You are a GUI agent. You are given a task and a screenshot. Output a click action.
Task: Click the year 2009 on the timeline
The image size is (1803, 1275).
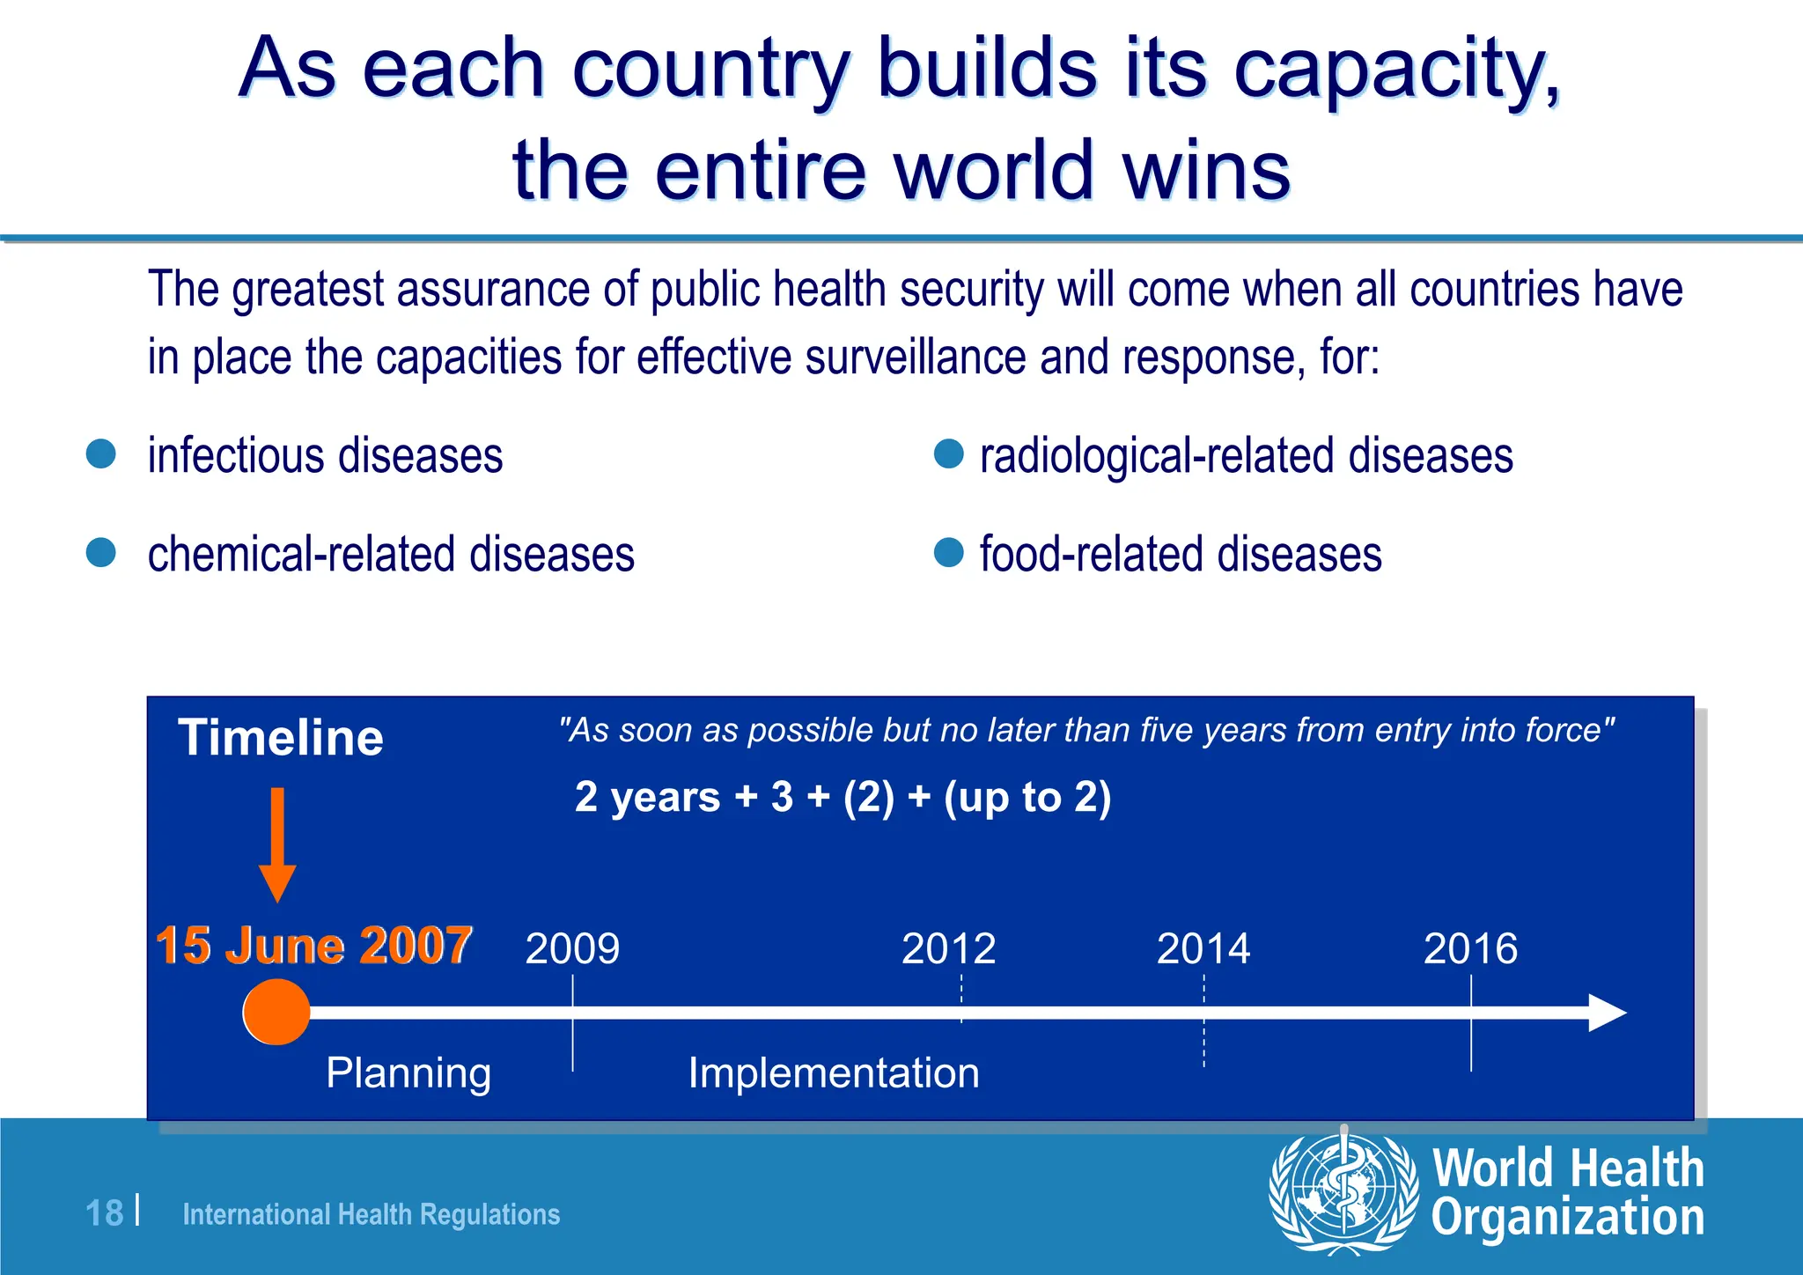572,949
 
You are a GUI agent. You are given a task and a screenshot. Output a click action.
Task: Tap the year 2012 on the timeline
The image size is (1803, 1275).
948,949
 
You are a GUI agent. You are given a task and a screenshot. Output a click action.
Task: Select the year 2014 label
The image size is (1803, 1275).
1203,949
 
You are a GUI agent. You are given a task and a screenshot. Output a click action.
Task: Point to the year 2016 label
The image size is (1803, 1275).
1470,949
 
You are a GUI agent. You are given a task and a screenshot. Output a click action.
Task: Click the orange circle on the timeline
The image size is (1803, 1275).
276,1012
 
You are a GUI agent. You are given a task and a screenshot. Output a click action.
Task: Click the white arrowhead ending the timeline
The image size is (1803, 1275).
1607,1013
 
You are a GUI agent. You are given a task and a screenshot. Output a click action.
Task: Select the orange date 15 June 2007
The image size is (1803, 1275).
313,946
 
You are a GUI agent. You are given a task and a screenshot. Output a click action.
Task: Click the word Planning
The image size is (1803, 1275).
408,1073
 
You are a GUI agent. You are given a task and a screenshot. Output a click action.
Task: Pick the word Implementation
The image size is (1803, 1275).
833,1073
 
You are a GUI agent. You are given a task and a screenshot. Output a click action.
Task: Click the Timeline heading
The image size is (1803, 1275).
281,738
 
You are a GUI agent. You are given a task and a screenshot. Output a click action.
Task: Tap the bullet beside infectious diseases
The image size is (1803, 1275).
101,454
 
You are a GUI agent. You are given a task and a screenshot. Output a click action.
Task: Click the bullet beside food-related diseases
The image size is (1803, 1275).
948,553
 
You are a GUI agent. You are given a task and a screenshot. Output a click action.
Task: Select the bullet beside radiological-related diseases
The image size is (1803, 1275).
948,454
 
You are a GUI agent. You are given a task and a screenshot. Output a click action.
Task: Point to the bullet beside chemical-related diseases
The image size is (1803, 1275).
101,553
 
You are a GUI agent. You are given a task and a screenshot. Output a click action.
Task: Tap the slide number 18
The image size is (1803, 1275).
104,1213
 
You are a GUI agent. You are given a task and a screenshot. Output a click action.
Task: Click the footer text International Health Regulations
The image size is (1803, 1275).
371,1215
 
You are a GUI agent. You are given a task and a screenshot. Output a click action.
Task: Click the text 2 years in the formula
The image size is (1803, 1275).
647,797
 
